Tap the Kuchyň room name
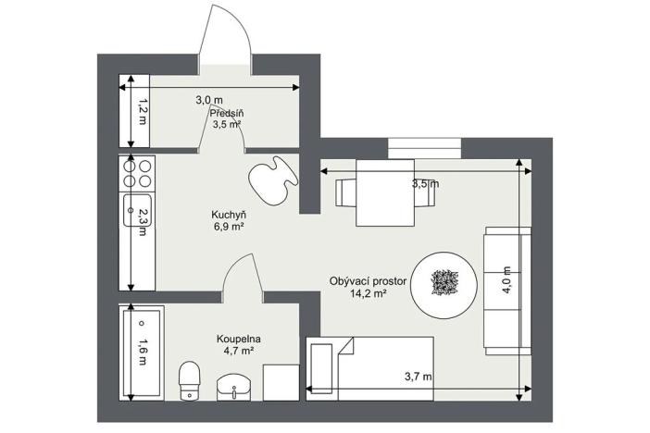point(227,214)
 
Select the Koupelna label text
point(239,339)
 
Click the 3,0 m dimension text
point(208,99)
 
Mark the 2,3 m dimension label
point(143,222)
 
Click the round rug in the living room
point(444,282)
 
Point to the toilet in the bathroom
point(190,380)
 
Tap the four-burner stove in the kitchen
point(137,174)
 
